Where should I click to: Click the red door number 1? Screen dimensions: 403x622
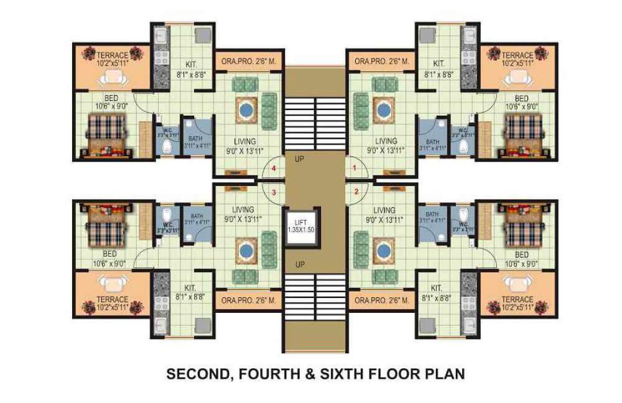tap(355, 168)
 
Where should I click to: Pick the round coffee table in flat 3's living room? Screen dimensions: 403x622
tap(247, 250)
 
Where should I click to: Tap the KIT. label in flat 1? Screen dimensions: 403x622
tap(439, 63)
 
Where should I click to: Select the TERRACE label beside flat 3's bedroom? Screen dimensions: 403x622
tap(112, 299)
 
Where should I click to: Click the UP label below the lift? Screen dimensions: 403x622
tap(301, 264)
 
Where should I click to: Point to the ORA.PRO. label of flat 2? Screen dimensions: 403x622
tap(381, 300)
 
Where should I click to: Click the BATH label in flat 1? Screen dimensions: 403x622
tap(430, 140)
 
